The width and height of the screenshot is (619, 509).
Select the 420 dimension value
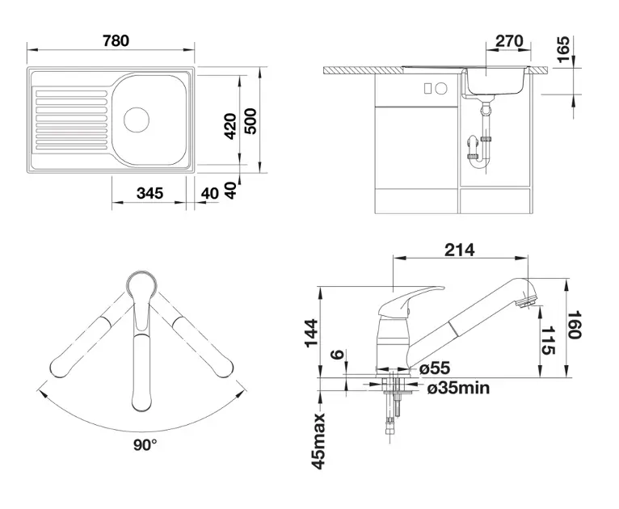(x=230, y=127)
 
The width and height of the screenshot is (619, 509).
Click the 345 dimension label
(x=150, y=193)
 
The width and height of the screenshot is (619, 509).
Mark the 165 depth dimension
(x=562, y=51)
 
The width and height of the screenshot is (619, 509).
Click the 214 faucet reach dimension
(x=460, y=250)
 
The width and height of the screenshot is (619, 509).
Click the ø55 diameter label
(x=435, y=368)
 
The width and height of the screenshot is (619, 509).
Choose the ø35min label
(x=457, y=389)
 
